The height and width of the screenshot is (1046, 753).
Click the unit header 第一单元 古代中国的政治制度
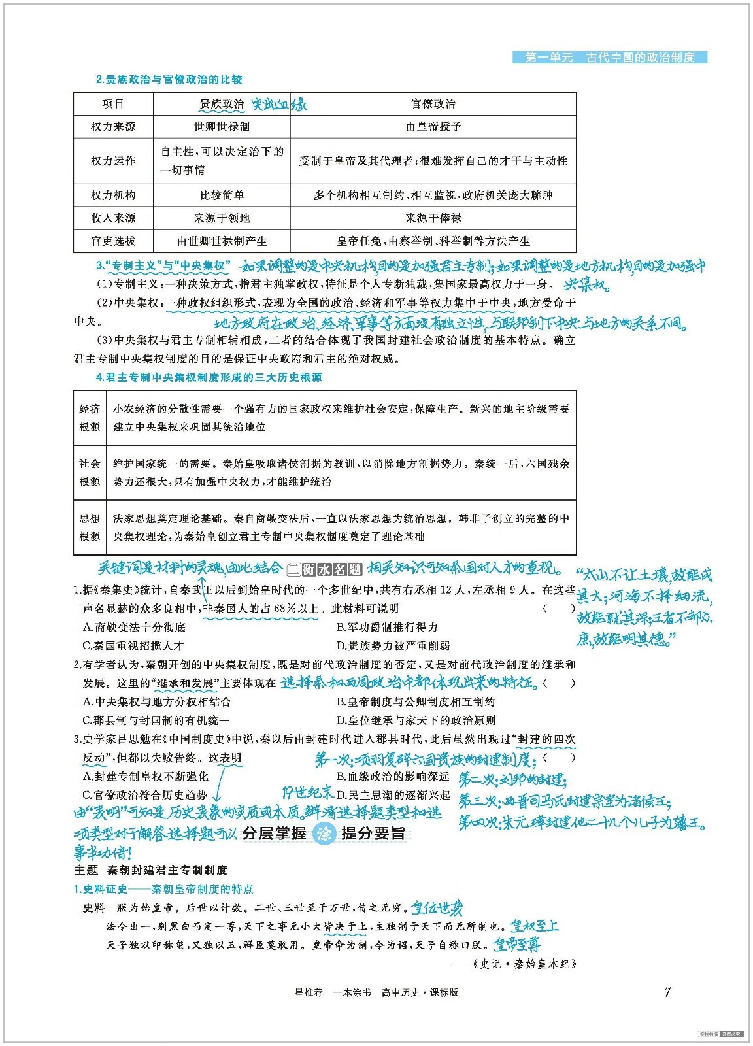609,58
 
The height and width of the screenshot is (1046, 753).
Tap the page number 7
667,992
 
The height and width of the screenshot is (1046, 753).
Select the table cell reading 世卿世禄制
222,127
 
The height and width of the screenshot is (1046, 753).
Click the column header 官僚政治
433,104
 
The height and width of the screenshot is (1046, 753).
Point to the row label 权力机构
113,195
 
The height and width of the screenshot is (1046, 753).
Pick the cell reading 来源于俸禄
433,218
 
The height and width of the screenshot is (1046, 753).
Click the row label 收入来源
113,218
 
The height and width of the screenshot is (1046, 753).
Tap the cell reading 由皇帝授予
433,127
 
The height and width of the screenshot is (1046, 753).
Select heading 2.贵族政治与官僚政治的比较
169,80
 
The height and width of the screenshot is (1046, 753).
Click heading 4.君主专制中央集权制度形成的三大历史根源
209,377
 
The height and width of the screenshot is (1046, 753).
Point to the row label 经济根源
90,418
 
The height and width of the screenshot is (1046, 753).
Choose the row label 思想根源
90,528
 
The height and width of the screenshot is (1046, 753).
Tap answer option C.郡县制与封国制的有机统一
156,720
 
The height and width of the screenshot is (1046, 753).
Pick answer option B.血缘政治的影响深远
393,776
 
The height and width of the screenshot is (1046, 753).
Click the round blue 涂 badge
324,834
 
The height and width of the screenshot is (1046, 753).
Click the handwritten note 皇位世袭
437,907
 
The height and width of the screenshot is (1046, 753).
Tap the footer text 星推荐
309,992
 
